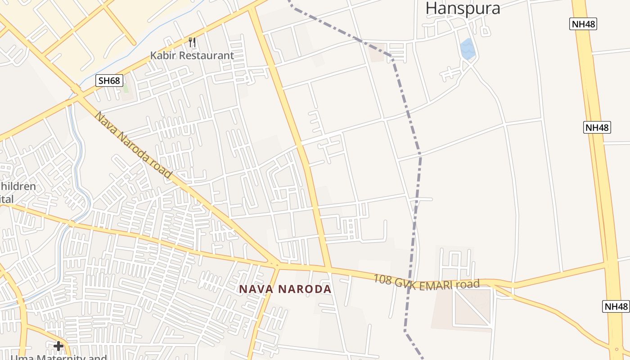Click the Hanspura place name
click(463, 8)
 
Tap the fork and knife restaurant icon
click(193, 43)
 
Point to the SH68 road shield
click(109, 81)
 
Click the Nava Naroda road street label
click(134, 145)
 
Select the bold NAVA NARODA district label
click(285, 289)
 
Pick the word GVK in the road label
click(405, 282)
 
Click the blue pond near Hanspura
click(468, 49)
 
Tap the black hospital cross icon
click(58, 346)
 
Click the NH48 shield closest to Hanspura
click(583, 24)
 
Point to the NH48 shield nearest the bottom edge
click(616, 306)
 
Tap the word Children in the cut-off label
click(18, 186)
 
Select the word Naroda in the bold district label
click(306, 289)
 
